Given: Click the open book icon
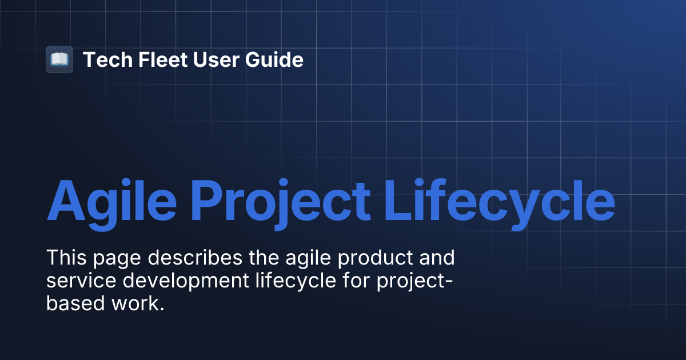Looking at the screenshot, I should click(x=59, y=59).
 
